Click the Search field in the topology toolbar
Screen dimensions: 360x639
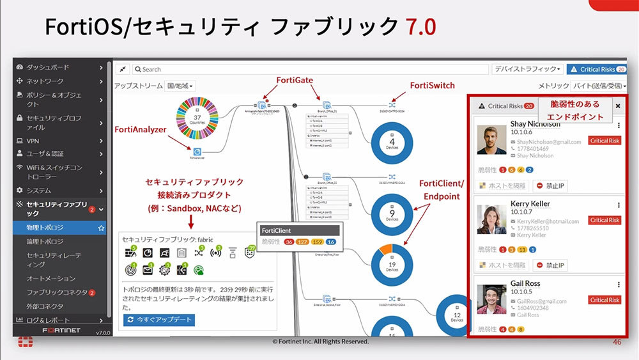pos(307,69)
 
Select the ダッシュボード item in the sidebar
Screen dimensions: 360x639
pos(48,67)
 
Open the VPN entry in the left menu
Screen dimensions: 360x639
pos(33,141)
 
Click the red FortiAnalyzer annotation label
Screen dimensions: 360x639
pos(141,129)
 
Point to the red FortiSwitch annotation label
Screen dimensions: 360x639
pos(432,85)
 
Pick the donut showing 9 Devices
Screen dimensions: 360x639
pos(392,214)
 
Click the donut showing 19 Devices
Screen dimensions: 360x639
pos(392,265)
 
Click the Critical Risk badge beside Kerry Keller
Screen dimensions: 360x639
pos(604,220)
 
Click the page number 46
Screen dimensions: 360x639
pos(617,342)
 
